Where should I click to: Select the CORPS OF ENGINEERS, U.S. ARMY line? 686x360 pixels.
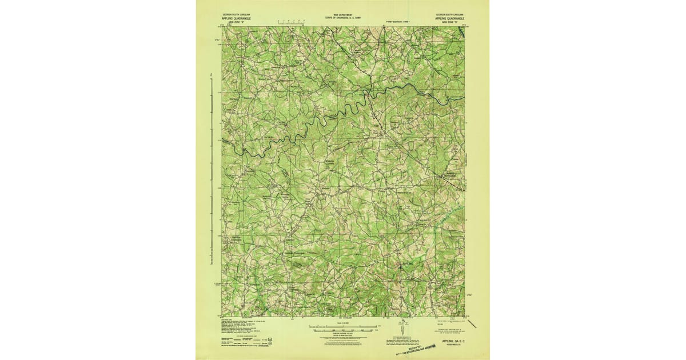342,18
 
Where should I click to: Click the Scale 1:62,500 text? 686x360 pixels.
342,324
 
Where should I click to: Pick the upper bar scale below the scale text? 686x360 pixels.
342,327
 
